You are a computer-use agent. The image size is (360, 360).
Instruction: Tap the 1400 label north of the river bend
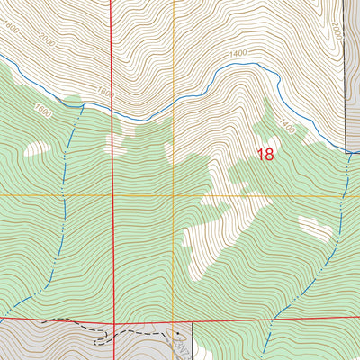(238, 55)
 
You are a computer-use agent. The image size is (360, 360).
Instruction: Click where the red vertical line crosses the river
(112, 112)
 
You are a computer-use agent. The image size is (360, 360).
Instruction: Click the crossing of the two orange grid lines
(174, 194)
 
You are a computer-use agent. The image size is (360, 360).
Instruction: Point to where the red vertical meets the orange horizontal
(112, 194)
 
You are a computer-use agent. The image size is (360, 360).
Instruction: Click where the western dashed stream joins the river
(84, 103)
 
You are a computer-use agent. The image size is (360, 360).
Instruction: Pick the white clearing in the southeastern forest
(315, 229)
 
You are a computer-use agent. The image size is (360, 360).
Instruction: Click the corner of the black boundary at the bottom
(193, 322)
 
